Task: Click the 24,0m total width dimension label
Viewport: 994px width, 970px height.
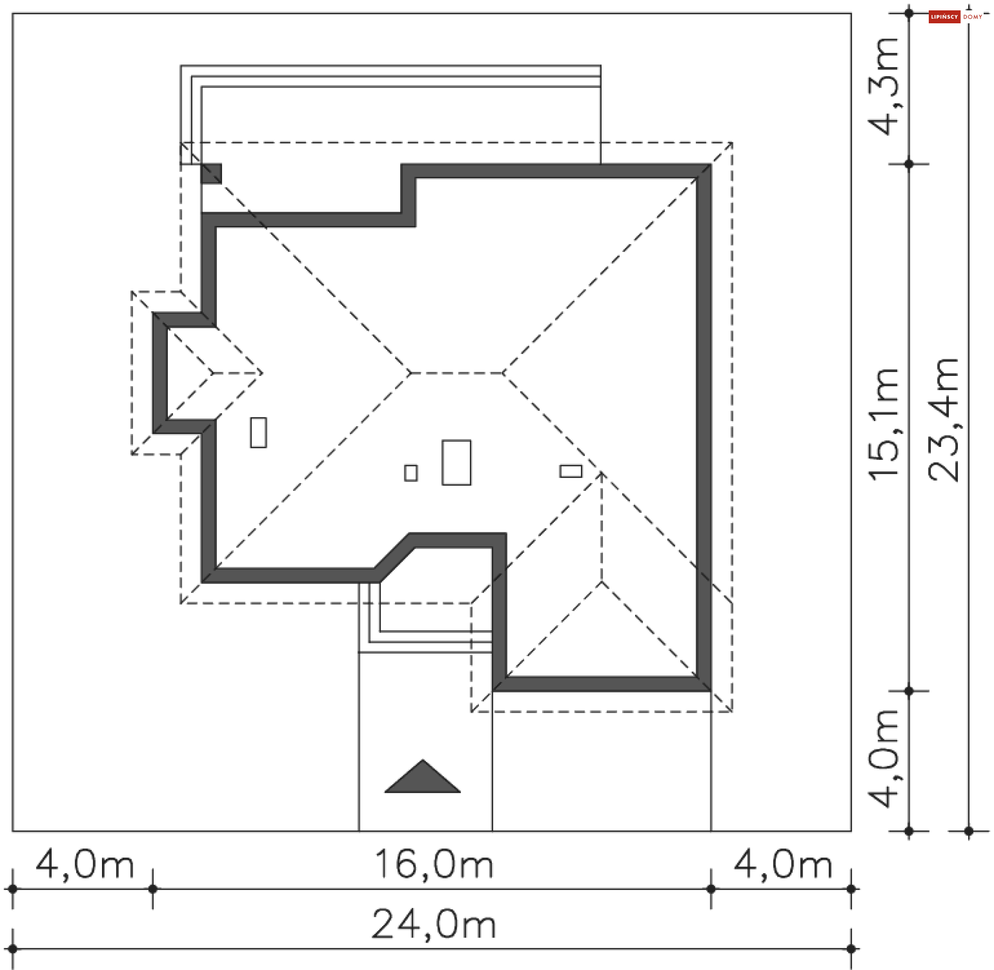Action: tap(434, 924)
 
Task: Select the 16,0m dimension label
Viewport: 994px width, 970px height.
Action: tap(434, 864)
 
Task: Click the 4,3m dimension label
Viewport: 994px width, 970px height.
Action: tap(883, 86)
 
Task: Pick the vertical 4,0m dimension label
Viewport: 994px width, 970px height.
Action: tap(884, 757)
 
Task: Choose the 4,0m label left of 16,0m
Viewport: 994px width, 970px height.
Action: tap(85, 864)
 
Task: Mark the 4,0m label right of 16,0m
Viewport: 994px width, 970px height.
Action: tap(783, 864)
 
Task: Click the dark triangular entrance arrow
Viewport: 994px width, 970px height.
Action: tap(422, 778)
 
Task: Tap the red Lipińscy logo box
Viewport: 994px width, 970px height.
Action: tap(944, 17)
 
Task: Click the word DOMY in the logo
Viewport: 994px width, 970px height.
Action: tap(973, 17)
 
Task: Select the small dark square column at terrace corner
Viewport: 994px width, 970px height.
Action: tap(211, 173)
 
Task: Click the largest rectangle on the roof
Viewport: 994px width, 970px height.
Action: tap(457, 462)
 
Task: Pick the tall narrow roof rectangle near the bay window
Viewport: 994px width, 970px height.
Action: tap(258, 432)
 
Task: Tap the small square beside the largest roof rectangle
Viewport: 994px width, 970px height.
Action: tap(411, 473)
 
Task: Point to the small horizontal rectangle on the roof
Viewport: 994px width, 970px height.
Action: tap(571, 471)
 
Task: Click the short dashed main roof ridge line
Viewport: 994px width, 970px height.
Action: tap(457, 373)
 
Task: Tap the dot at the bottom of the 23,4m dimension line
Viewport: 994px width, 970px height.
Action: tap(969, 832)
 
